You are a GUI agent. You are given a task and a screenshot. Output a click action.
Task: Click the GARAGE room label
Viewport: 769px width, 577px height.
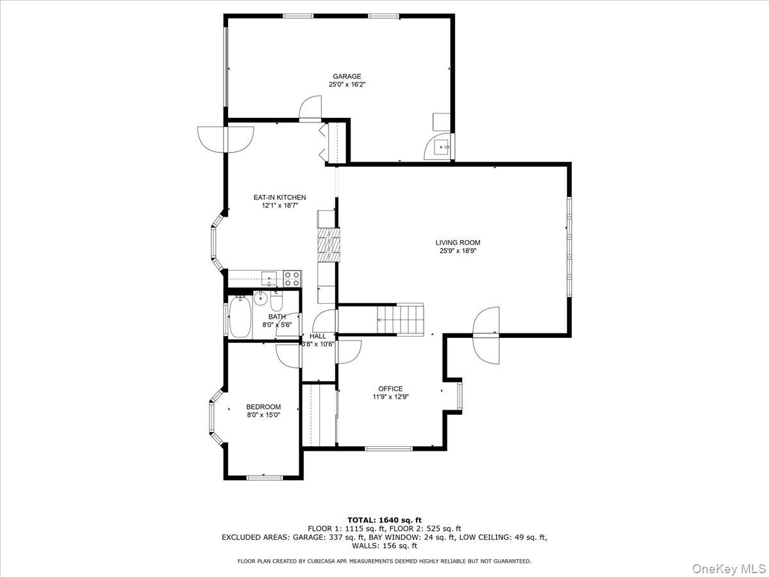click(x=346, y=76)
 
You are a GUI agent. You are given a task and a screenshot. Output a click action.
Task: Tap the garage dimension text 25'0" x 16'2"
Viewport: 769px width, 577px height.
click(x=346, y=85)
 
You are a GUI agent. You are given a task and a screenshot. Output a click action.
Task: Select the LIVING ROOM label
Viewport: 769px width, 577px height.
click(x=458, y=242)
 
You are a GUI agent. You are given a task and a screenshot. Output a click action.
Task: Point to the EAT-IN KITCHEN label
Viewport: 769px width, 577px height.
click(x=279, y=197)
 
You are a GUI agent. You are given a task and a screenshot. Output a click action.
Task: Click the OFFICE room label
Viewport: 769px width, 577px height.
click(x=390, y=389)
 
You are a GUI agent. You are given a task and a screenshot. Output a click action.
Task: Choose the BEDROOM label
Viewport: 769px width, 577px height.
click(x=263, y=406)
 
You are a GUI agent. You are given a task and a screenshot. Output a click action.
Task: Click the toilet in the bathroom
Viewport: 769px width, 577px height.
click(x=277, y=301)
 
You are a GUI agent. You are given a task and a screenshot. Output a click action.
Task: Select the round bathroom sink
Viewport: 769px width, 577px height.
click(x=260, y=299)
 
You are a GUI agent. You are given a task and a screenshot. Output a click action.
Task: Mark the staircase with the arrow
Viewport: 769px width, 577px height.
click(x=400, y=319)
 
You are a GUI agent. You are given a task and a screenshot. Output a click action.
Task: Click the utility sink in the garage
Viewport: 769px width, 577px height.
click(x=441, y=148)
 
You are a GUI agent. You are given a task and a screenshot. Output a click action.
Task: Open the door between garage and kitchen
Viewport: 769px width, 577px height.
click(x=310, y=110)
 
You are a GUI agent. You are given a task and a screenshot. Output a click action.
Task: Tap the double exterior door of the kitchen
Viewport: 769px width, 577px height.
click(x=226, y=138)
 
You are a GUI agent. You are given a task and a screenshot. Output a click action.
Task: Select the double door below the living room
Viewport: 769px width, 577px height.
click(x=486, y=335)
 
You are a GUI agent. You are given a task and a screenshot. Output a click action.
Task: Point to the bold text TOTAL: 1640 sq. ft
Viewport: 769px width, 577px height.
click(x=384, y=520)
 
